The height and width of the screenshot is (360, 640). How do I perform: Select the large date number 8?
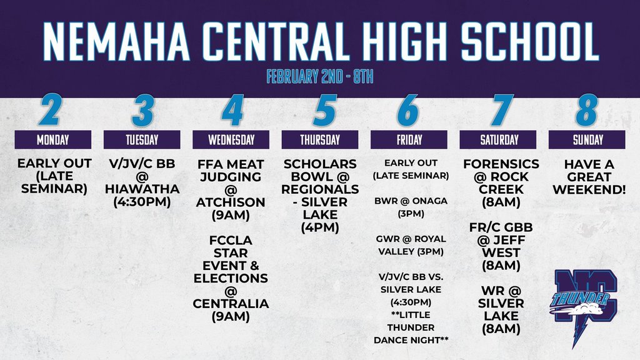point(587,110)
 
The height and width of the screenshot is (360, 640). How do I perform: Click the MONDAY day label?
point(53,139)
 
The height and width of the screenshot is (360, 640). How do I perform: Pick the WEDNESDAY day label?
point(231,139)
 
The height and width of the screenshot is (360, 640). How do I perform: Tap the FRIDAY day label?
point(409,139)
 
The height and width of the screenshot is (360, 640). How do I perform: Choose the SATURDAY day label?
point(499,139)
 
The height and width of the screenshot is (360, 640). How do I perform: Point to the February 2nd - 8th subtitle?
point(319,77)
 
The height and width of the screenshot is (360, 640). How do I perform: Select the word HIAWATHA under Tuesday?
point(142,189)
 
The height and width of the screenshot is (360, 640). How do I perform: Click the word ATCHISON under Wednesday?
point(231,202)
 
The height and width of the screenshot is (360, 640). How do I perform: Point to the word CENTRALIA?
point(231,304)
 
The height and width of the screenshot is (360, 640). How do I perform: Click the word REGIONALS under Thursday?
point(320,189)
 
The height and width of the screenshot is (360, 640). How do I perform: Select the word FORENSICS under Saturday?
point(501,164)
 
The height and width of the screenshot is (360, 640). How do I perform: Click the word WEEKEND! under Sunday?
point(588,189)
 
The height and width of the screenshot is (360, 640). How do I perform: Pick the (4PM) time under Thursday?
point(320,227)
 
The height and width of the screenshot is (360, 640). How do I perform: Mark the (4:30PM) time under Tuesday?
point(142,202)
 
